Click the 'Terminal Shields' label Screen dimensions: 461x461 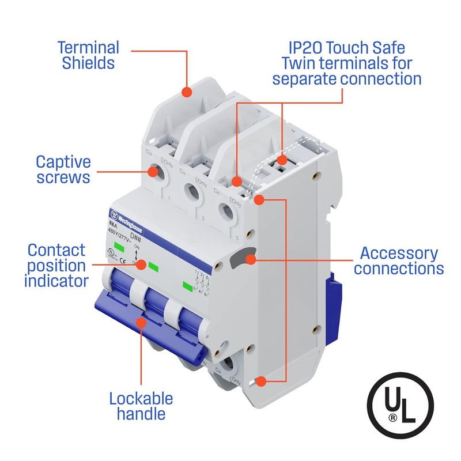(x=88, y=55)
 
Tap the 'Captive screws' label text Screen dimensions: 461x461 (x=63, y=169)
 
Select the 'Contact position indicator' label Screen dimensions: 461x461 (x=56, y=266)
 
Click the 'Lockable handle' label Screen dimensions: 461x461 (x=141, y=406)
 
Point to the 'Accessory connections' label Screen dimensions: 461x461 (x=399, y=260)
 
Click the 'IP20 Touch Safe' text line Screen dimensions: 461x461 (x=347, y=47)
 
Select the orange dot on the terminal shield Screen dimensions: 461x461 (x=187, y=92)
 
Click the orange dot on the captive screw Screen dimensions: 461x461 (x=155, y=171)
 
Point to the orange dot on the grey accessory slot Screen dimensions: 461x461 (x=250, y=259)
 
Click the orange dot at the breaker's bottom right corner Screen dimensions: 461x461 (x=261, y=381)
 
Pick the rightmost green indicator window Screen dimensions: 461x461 (x=187, y=285)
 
